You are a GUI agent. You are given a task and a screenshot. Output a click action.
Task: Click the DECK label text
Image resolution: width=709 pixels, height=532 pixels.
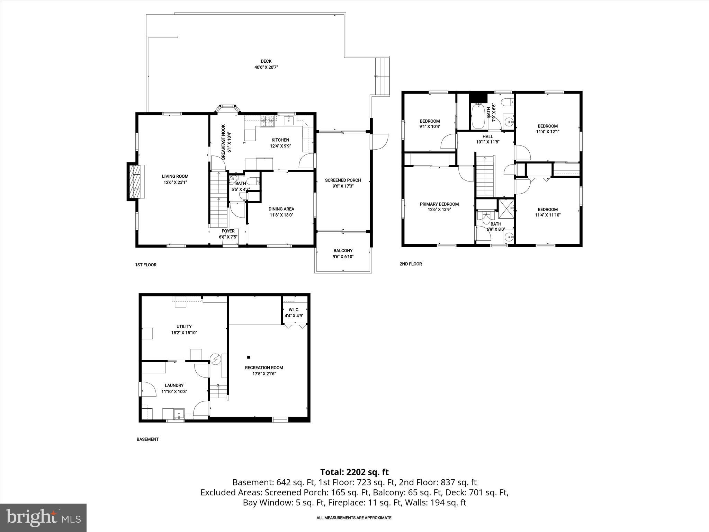click(x=266, y=61)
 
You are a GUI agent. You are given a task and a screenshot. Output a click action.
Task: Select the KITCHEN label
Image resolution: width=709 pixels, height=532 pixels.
click(x=280, y=140)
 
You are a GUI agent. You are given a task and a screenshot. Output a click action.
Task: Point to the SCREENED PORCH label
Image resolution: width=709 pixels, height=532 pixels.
click(x=343, y=180)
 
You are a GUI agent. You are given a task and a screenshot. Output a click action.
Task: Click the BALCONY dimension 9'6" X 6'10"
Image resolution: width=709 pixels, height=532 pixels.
click(x=343, y=257)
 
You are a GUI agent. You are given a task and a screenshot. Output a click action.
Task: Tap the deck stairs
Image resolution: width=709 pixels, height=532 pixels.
click(x=383, y=76)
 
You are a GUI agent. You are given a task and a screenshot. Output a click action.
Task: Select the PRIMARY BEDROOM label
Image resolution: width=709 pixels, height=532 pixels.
click(x=439, y=204)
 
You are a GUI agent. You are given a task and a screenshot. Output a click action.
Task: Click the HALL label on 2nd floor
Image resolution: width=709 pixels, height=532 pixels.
click(x=487, y=136)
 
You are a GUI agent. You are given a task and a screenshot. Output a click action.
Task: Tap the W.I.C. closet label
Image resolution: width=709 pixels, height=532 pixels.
click(x=294, y=309)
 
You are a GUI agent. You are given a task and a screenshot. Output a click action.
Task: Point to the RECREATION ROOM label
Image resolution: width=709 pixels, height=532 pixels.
click(x=264, y=367)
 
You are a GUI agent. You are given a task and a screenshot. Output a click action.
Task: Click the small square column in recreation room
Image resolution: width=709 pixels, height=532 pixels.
click(x=248, y=357)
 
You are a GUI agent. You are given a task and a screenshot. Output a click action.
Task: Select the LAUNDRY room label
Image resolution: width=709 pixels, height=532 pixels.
click(x=174, y=385)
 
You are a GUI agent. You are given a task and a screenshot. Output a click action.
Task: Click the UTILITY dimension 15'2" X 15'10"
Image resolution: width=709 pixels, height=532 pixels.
click(x=184, y=332)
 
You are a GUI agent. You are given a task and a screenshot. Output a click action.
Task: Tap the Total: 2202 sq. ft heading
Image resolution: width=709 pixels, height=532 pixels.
click(x=354, y=472)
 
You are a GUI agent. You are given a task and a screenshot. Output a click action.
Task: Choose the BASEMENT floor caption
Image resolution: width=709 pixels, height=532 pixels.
click(x=147, y=439)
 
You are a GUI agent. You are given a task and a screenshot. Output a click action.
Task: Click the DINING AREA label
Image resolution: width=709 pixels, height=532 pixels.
click(x=281, y=209)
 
